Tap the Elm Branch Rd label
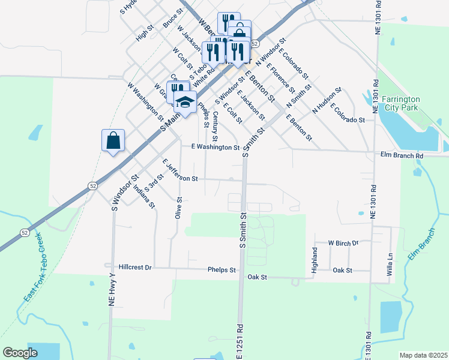[x=402, y=155]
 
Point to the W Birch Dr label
[x=343, y=243]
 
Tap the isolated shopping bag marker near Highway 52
[x=113, y=142]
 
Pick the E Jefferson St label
[x=180, y=170]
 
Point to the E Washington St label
[x=215, y=147]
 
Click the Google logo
[x=20, y=353]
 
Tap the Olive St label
[x=178, y=207]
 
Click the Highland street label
[x=314, y=260]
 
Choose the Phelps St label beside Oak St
[x=221, y=271]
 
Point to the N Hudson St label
[x=327, y=101]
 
